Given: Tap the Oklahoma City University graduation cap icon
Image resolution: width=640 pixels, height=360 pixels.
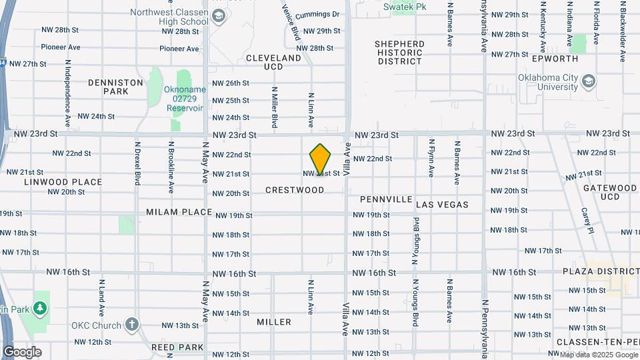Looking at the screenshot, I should click(x=589, y=81).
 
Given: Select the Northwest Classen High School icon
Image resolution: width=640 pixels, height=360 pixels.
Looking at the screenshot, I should click(x=218, y=17).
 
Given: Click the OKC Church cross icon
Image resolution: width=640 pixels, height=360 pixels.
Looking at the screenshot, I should click(x=131, y=325).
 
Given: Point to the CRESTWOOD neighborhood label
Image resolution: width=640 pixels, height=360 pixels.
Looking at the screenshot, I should click(x=295, y=190).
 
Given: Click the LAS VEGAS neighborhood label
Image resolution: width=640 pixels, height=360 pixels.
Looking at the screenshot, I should click(x=442, y=205).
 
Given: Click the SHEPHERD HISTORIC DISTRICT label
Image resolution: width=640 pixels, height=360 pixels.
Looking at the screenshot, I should click(x=400, y=53).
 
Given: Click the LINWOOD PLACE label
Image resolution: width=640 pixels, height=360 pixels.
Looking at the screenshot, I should click(x=63, y=181).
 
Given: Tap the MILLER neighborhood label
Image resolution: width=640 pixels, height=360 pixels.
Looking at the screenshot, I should click(x=274, y=322).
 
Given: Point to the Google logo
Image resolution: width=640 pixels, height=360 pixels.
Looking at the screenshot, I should click(x=22, y=352).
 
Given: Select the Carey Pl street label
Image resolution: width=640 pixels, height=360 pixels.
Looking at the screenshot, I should click(x=586, y=220).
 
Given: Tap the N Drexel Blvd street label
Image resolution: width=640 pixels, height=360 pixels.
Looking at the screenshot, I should click(x=138, y=163).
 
